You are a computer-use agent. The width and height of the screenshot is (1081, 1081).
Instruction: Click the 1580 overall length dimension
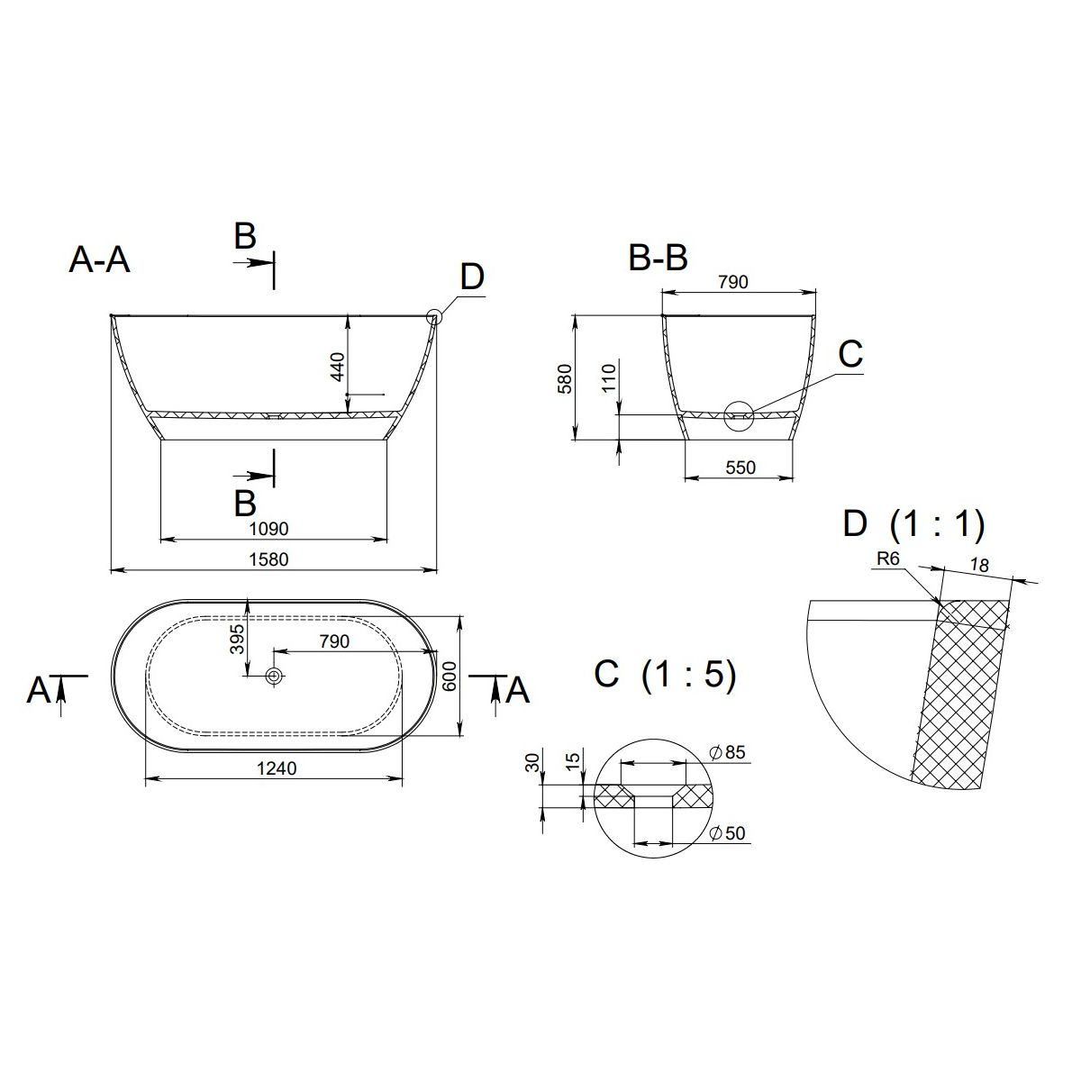268,559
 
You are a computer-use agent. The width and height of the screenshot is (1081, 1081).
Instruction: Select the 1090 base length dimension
268,529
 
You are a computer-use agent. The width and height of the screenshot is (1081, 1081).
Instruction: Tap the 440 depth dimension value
338,367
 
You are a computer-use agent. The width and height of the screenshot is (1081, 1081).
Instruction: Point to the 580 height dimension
565,378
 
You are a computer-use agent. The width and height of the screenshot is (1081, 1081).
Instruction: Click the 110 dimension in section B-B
609,377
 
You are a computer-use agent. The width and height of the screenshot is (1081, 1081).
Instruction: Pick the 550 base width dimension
740,468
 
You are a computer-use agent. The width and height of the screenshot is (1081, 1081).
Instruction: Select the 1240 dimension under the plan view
277,768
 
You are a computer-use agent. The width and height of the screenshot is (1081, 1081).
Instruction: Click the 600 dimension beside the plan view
450,676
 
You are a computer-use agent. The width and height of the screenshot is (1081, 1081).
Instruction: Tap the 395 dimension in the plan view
237,639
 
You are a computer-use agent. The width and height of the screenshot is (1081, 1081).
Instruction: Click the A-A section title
99,260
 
